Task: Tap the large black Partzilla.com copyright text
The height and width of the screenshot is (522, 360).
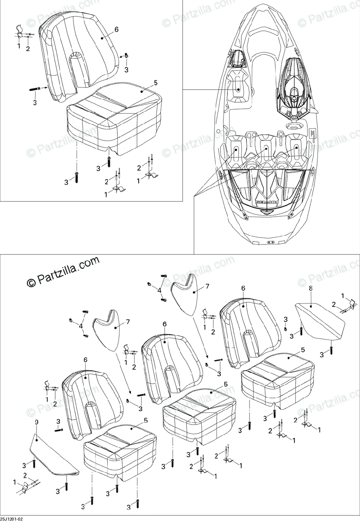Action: pyautogui.click(x=63, y=271)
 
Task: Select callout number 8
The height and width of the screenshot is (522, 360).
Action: pyautogui.click(x=310, y=288)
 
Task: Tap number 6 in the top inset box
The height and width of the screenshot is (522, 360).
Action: pyautogui.click(x=116, y=30)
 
